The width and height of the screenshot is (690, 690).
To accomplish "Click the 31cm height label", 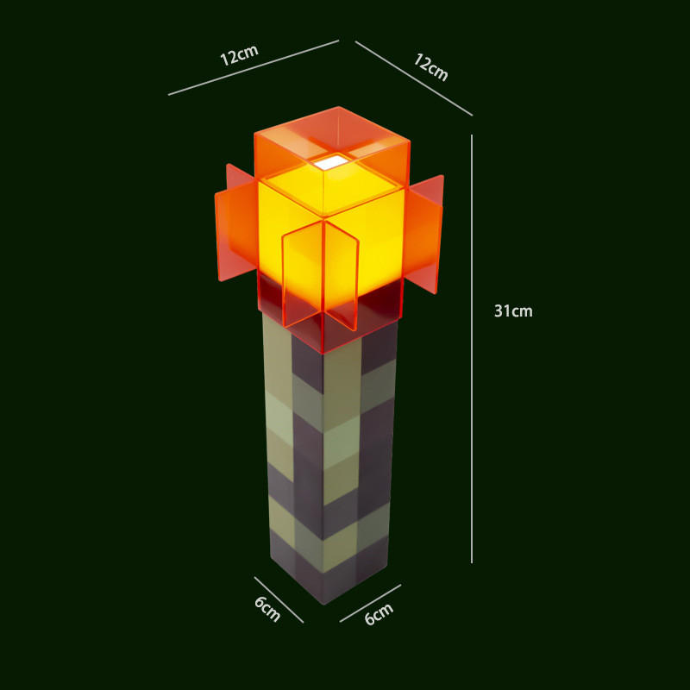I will pyautogui.click(x=513, y=311).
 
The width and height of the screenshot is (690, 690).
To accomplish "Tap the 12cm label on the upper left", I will pyautogui.click(x=239, y=55).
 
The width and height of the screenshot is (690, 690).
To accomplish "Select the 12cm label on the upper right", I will pyautogui.click(x=430, y=67).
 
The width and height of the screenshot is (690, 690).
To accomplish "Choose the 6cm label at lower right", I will pyautogui.click(x=379, y=614).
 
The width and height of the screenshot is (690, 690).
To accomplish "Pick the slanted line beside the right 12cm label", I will pyautogui.click(x=414, y=78).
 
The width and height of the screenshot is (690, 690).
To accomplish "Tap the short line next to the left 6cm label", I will pyautogui.click(x=279, y=599).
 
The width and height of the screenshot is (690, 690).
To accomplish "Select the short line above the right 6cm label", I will pyautogui.click(x=370, y=603).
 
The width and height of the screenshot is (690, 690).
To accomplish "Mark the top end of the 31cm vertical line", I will pyautogui.click(x=472, y=135).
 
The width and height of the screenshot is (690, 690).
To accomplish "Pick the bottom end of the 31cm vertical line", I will pyautogui.click(x=472, y=562).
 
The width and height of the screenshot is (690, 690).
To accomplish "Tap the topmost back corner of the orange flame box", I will pyautogui.click(x=339, y=107).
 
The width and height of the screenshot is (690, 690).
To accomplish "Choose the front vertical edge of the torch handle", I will pyautogui.click(x=323, y=474).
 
